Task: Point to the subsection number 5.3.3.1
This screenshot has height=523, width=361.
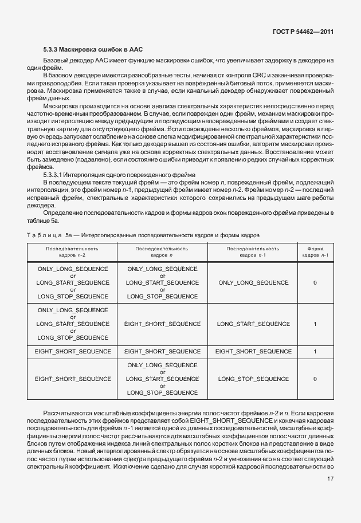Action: [x=55, y=174]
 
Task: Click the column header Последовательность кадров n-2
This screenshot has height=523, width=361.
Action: [x=72, y=252]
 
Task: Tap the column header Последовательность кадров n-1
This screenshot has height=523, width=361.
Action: [x=253, y=252]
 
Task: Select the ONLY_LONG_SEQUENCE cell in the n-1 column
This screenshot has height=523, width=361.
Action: [x=253, y=282]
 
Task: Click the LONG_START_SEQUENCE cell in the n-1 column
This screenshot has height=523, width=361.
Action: [x=253, y=324]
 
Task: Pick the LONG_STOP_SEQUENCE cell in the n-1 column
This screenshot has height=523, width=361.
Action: [x=253, y=379]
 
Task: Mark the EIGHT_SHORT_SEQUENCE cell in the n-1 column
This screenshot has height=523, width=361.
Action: [x=253, y=351]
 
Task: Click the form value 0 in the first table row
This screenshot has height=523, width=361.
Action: [x=315, y=282]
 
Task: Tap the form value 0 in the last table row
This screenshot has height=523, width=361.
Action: [x=315, y=379]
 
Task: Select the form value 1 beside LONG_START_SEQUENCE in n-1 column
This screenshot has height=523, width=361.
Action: [x=315, y=324]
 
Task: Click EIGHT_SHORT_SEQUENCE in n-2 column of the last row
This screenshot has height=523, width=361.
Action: [x=73, y=379]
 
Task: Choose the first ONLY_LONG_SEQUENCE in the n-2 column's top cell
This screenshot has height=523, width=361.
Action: [x=73, y=269]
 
